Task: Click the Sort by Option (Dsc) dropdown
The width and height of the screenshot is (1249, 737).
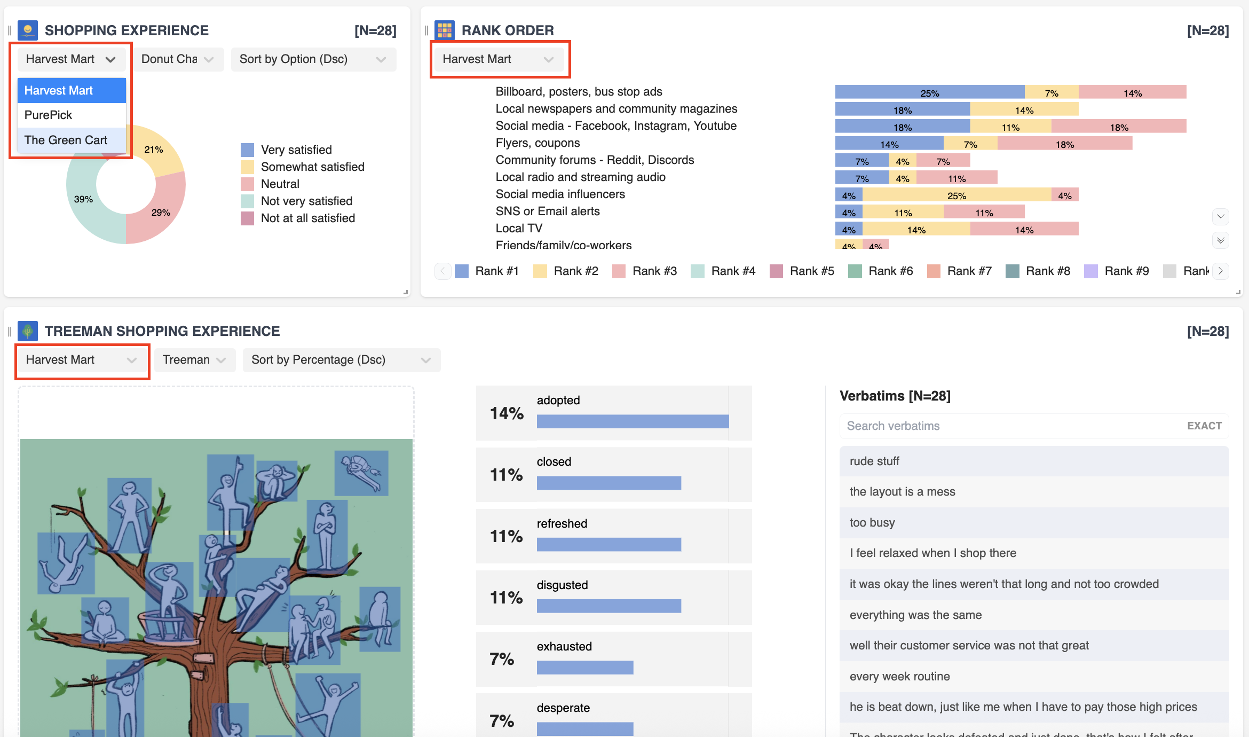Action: [313, 59]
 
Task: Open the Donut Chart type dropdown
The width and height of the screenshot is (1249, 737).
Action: [178, 59]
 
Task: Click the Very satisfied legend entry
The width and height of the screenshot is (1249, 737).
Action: [296, 150]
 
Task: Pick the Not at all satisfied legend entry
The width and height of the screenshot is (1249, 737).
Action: [307, 218]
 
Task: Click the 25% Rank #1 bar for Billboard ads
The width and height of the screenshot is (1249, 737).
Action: [929, 92]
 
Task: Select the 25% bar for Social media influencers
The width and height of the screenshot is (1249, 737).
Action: [956, 195]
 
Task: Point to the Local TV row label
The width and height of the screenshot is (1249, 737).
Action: [519, 228]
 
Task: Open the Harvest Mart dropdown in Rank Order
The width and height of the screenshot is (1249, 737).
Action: [499, 59]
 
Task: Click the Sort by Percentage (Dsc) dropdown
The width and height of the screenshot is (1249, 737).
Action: [341, 360]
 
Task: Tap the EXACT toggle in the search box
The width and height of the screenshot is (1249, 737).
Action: [1204, 426]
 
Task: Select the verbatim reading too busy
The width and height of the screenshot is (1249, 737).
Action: [872, 522]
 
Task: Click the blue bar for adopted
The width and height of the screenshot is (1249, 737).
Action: [633, 421]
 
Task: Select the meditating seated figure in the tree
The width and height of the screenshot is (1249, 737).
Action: [105, 620]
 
